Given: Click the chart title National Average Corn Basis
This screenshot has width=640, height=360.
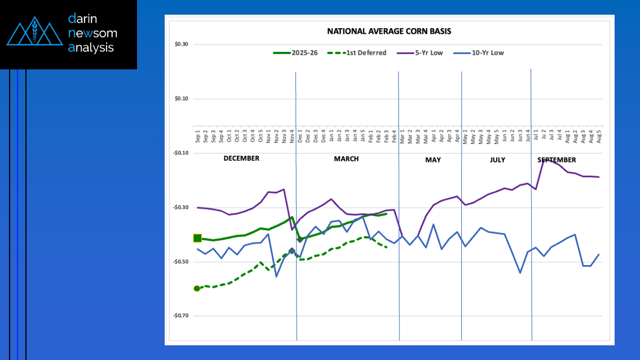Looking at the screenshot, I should [389, 32].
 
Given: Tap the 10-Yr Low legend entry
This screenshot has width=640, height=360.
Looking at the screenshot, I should [488, 53].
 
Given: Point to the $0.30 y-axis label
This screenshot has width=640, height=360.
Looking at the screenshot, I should [180, 45].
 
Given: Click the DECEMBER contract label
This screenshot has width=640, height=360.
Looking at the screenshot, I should [241, 159].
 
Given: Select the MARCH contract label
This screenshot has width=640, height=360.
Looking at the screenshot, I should [346, 159].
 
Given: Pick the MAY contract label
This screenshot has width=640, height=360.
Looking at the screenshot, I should [433, 160].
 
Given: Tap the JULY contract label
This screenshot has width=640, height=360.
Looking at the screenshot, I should [497, 160].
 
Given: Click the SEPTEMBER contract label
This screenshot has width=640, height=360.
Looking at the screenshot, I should [557, 160].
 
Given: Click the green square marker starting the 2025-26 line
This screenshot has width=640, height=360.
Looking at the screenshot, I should [197, 238].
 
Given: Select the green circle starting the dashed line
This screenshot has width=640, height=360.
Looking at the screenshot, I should [197, 288].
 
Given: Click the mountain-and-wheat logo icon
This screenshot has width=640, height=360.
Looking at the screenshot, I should [34, 33].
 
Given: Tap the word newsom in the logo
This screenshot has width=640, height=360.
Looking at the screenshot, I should [92, 33].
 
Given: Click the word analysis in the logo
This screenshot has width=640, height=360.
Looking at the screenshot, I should [91, 48].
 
